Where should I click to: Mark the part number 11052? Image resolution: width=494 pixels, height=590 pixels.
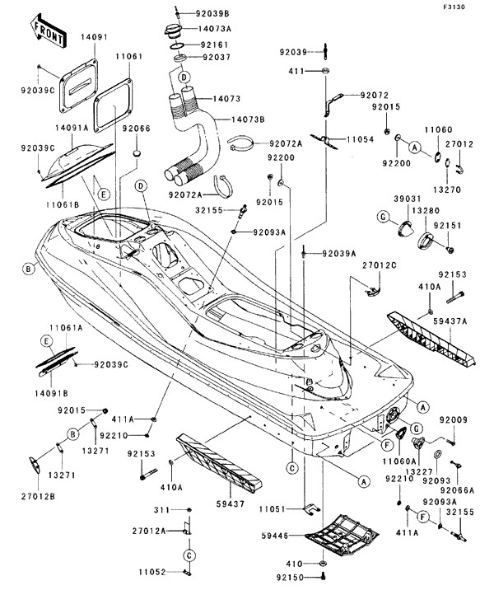click(x=152, y=571)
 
